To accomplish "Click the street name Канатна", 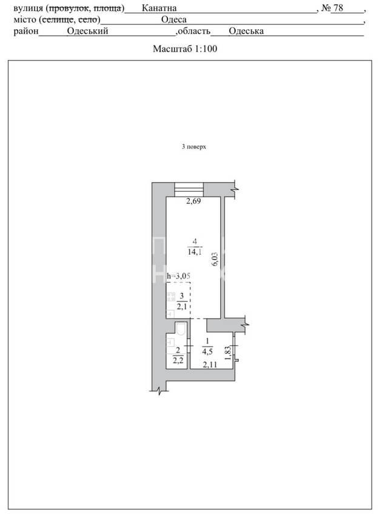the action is coord(159,8).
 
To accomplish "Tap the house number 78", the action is coord(338,7).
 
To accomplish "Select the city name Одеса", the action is coord(174,19).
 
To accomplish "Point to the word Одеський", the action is coord(88,31).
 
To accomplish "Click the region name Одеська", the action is coord(246,31).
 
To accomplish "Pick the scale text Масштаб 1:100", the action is coord(185,49).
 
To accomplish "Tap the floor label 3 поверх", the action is coord(194,146).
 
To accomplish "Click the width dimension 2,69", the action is coord(193,201).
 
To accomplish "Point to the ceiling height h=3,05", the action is coord(178,276).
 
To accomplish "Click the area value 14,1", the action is coord(195,252).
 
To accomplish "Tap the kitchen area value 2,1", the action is coord(182,306).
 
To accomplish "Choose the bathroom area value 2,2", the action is coord(178,360).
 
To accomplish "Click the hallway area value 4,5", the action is coord(207,351).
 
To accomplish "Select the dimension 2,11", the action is coord(210,364).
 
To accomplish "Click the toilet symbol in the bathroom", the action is coord(181,328).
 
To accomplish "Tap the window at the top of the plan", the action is coord(189,189).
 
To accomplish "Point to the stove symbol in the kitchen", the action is coord(171,297).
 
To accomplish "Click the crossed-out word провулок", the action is coord(69,8).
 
